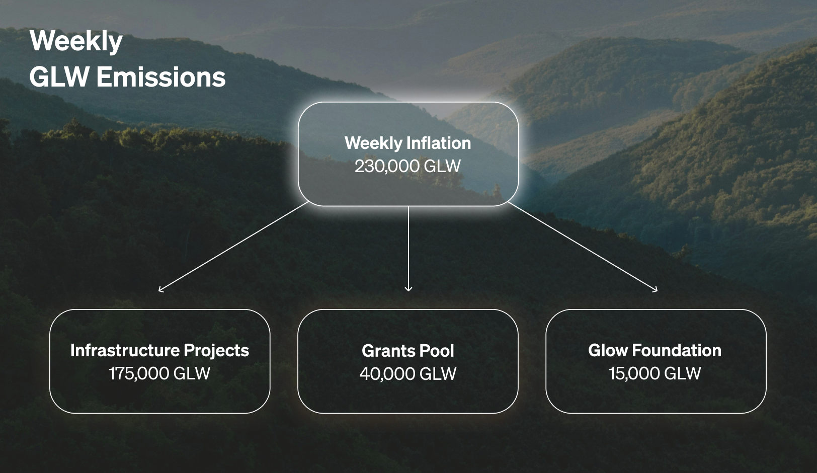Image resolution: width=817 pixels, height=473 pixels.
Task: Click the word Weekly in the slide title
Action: (76, 42)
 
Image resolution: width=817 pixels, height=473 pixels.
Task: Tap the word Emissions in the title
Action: (161, 77)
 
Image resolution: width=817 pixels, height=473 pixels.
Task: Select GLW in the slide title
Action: (59, 77)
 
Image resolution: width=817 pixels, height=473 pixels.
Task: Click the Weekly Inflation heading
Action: (408, 143)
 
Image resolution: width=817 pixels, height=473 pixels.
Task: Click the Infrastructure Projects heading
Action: (160, 350)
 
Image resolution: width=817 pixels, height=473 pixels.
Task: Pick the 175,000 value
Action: (139, 374)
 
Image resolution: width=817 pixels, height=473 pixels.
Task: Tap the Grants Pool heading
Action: (408, 351)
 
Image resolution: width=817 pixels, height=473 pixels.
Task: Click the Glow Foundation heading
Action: (655, 350)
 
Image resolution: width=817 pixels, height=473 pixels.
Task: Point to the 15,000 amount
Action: (634, 374)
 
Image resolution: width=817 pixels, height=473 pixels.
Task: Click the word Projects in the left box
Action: (216, 350)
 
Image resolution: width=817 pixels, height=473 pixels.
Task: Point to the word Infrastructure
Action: (125, 350)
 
